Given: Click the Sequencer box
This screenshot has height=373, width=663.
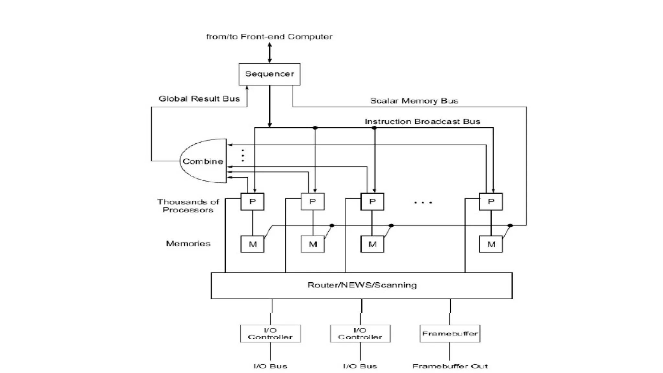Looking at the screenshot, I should [269, 74].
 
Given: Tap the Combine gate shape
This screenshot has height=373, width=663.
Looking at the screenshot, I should [203, 161].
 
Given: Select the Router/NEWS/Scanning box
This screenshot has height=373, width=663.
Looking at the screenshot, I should [362, 285].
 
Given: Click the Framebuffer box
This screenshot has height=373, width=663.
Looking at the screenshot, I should [450, 333].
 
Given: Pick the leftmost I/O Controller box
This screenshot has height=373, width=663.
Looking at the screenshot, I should [270, 333].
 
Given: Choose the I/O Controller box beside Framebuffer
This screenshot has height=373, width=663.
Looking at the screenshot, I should [360, 333].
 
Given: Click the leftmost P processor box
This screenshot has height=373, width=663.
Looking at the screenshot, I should [252, 201].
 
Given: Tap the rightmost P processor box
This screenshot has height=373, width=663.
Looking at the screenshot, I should [491, 201].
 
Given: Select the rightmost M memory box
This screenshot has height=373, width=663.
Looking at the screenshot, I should [491, 244].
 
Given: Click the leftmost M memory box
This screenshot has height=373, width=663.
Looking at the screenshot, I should [252, 244].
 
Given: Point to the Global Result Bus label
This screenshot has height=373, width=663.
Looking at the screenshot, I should [199, 99].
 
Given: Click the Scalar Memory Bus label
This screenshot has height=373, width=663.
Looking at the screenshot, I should [414, 101].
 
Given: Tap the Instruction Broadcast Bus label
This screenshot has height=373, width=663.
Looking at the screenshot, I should [422, 121].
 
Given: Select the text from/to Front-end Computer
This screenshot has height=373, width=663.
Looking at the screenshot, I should [269, 37].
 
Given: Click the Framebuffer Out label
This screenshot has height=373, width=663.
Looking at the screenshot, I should [450, 366].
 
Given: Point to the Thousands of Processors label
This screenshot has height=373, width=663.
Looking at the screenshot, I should [188, 206].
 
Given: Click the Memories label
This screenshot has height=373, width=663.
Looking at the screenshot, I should [188, 243].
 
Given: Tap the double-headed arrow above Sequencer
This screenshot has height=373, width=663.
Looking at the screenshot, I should [270, 52].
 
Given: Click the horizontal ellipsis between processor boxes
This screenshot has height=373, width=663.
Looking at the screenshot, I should [423, 203].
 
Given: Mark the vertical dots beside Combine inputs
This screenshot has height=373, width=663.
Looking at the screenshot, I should [243, 155].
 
